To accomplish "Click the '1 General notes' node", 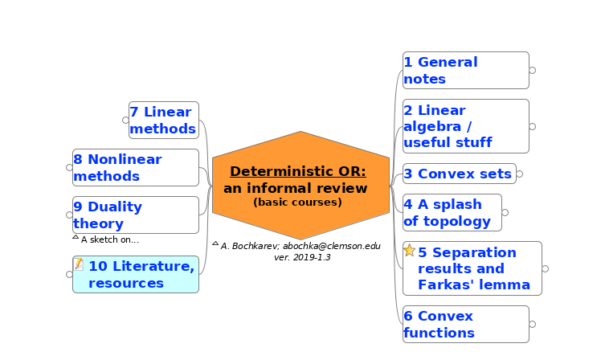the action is pyautogui.click(x=466, y=70).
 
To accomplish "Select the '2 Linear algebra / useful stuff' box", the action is pyautogui.click(x=466, y=126).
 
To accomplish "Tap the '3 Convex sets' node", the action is pyautogui.click(x=459, y=174).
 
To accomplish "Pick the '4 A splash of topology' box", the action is pyautogui.click(x=452, y=212).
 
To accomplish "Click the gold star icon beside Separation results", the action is pyautogui.click(x=409, y=251).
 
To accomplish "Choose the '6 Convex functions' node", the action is pyautogui.click(x=466, y=324).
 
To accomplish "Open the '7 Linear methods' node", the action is pyautogui.click(x=164, y=120).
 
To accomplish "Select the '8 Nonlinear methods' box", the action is pyautogui.click(x=136, y=167).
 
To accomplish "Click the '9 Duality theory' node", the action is pyautogui.click(x=136, y=215).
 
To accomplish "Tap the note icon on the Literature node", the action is pyautogui.click(x=79, y=264).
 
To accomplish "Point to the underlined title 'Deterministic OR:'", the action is pyautogui.click(x=298, y=171).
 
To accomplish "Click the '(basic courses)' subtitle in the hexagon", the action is pyautogui.click(x=297, y=202).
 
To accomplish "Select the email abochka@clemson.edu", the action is pyautogui.click(x=332, y=246).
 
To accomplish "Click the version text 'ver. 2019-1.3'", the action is pyautogui.click(x=302, y=257).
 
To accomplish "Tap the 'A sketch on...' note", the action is pyautogui.click(x=110, y=239).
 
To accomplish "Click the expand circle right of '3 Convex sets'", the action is pyautogui.click(x=519, y=174).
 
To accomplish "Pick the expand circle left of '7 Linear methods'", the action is pyautogui.click(x=125, y=120).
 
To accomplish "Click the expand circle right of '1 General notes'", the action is pyautogui.click(x=533, y=70).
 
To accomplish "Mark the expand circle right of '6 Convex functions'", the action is pyautogui.click(x=533, y=324).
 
